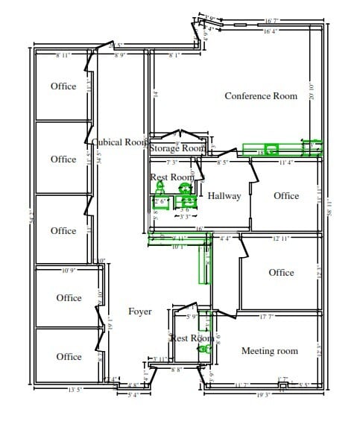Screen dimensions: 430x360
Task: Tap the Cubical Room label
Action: [x=119, y=142]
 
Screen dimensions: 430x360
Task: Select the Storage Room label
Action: [x=177, y=148]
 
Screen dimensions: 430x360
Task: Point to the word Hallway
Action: [x=224, y=196]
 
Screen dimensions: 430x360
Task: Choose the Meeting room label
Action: [x=270, y=351]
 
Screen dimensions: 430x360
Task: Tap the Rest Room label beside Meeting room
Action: [x=192, y=338]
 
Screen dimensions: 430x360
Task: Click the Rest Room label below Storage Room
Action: [x=172, y=177]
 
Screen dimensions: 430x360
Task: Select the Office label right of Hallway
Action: [x=285, y=196]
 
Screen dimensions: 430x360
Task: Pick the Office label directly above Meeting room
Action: [x=281, y=273]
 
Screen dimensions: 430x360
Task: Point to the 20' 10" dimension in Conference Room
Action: [x=312, y=92]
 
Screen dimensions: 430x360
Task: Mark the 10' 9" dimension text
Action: [x=69, y=270]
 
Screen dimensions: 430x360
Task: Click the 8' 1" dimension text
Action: [x=176, y=55]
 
